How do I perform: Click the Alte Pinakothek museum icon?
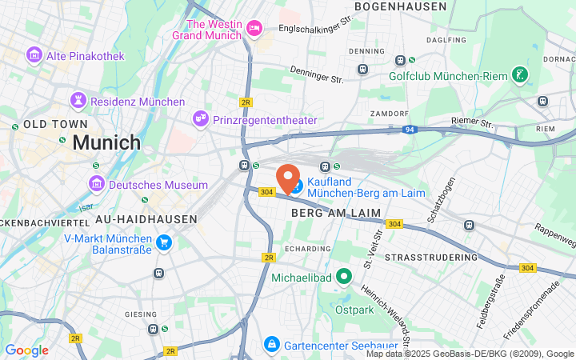(x=34, y=54)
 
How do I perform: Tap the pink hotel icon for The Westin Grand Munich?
(x=254, y=29)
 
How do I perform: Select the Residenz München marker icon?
(x=78, y=100)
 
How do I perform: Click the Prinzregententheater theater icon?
(x=201, y=118)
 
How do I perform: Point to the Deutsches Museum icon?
(x=96, y=184)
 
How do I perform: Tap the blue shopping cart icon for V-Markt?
(x=164, y=242)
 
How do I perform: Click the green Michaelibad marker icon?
(x=345, y=277)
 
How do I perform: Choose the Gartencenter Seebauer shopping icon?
(x=271, y=344)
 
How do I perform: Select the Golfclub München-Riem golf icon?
(x=521, y=74)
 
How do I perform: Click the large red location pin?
(x=288, y=178)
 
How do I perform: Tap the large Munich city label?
(x=106, y=143)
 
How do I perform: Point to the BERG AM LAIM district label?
(x=336, y=212)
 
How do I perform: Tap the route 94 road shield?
(x=409, y=129)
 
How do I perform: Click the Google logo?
(x=27, y=350)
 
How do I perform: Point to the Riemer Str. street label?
(x=474, y=122)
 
